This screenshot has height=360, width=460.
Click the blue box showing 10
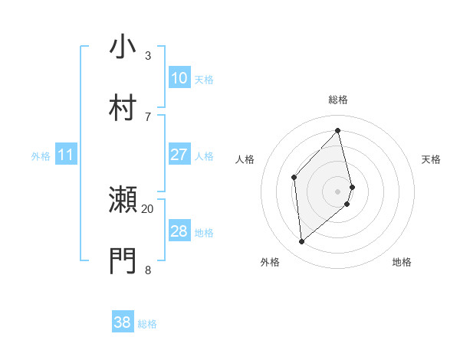(x=179, y=78)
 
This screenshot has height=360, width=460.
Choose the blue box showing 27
(x=179, y=155)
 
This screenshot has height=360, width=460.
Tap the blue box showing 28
(x=179, y=231)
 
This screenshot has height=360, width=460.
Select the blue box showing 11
(x=66, y=155)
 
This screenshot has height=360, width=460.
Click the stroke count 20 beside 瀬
(x=148, y=208)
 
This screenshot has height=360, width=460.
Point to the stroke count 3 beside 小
(x=148, y=55)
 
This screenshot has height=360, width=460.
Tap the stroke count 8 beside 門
(x=148, y=270)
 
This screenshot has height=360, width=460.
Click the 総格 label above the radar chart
(x=338, y=100)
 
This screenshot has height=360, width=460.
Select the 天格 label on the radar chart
(x=432, y=159)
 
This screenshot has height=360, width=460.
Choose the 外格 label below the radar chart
(x=270, y=262)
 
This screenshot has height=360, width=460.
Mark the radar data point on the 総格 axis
(x=338, y=130)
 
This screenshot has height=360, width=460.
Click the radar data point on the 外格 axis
(x=302, y=241)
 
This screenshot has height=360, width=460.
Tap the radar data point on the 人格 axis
(x=294, y=178)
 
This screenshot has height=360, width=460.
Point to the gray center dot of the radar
(x=338, y=189)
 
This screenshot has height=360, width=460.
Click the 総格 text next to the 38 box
(x=147, y=324)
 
